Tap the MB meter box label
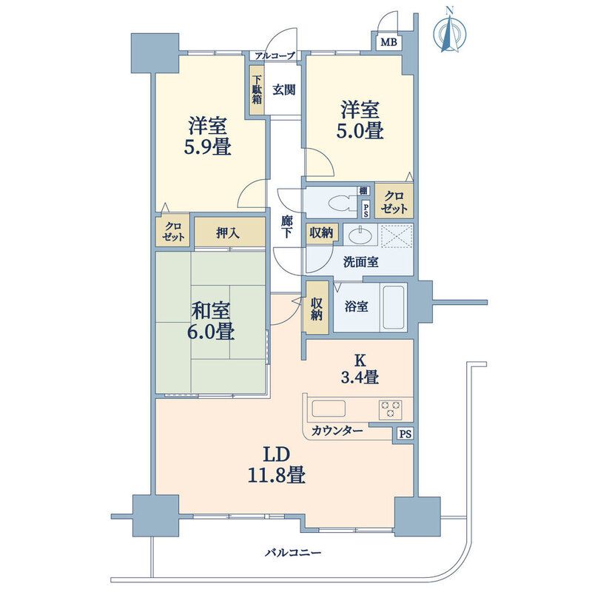(388, 42)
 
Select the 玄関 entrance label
(284, 90)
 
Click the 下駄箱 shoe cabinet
(257, 90)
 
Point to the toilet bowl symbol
(343, 202)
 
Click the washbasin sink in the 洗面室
(360, 235)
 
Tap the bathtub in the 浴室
(394, 307)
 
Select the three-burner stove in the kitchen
(391, 409)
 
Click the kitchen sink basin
(328, 409)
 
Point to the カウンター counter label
(337, 431)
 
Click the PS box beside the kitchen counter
(405, 434)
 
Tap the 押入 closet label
(228, 233)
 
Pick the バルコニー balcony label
(292, 553)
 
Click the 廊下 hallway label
(286, 226)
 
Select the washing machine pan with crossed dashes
(397, 236)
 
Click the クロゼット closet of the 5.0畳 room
(394, 201)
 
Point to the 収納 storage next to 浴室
(317, 308)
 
